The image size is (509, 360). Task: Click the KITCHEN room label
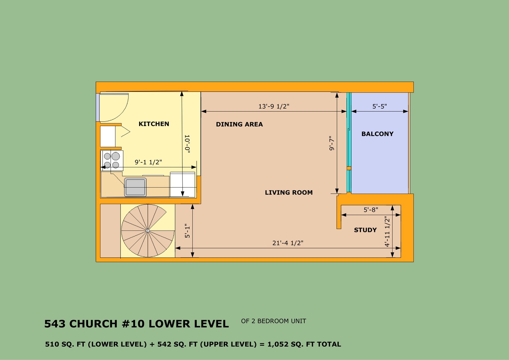pyautogui.click(x=154, y=124)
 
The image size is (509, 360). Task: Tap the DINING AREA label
pyautogui.click(x=239, y=124)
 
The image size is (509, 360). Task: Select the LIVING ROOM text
pyautogui.click(x=289, y=193)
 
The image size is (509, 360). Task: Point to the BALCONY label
pyautogui.click(x=377, y=134)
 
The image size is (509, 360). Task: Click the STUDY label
pyautogui.click(x=365, y=230)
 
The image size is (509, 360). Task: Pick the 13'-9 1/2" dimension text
pyautogui.click(x=274, y=106)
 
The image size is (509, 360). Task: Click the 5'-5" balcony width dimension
pyautogui.click(x=379, y=106)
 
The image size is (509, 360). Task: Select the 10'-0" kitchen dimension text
pyautogui.click(x=187, y=144)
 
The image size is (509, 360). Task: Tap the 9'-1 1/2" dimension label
pyautogui.click(x=148, y=162)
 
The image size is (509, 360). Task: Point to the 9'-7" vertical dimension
pyautogui.click(x=332, y=143)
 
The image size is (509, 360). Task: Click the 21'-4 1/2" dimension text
pyautogui.click(x=288, y=243)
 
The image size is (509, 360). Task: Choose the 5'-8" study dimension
pyautogui.click(x=371, y=210)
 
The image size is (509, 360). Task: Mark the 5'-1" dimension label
pyautogui.click(x=187, y=231)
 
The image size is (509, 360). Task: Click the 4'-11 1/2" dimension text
pyautogui.click(x=387, y=231)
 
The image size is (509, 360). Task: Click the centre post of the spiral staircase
pyautogui.click(x=148, y=231)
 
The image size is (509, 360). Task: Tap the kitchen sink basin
pyautogui.click(x=135, y=187)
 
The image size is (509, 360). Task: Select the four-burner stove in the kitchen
pyautogui.click(x=112, y=160)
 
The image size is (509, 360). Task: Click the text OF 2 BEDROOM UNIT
pyautogui.click(x=274, y=321)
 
